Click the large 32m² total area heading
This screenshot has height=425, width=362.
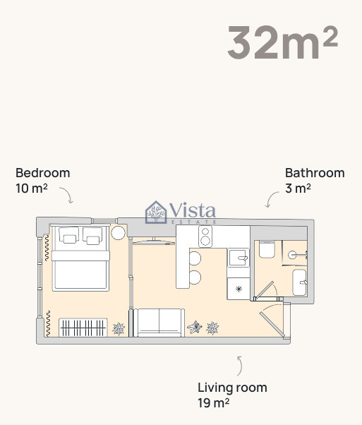tap(282, 42)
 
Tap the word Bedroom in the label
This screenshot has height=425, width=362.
tap(43, 173)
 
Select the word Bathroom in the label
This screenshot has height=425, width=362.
tap(315, 173)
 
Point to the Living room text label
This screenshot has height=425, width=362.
tap(232, 388)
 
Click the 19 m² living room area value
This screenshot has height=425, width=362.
tap(214, 403)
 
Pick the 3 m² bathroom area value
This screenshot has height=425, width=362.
tap(298, 188)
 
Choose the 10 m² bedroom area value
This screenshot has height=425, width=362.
tap(32, 188)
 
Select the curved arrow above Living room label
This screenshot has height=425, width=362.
tap(241, 366)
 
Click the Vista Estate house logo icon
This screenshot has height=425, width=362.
tap(156, 212)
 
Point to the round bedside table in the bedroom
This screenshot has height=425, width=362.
tap(118, 233)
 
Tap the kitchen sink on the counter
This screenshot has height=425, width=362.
tap(239, 258)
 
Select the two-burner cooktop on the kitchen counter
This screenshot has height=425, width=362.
tap(205, 237)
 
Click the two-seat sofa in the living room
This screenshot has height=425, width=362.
tap(159, 323)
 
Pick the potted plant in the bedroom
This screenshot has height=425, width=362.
tap(119, 328)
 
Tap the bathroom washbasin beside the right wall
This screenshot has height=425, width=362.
tap(300, 282)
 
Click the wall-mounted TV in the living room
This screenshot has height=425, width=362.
tap(154, 242)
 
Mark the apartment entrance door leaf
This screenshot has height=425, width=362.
tap(272, 325)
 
